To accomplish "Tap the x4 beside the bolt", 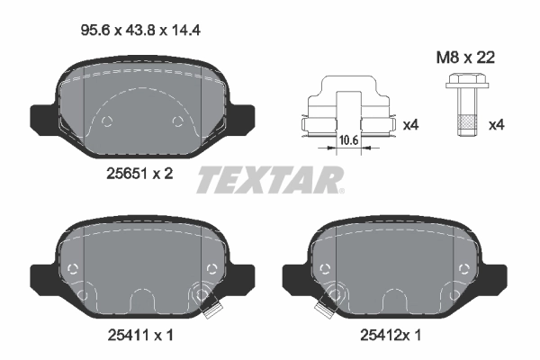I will (x=495, y=124).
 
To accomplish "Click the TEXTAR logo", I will (x=270, y=180).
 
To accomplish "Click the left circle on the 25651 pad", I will (x=107, y=122).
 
